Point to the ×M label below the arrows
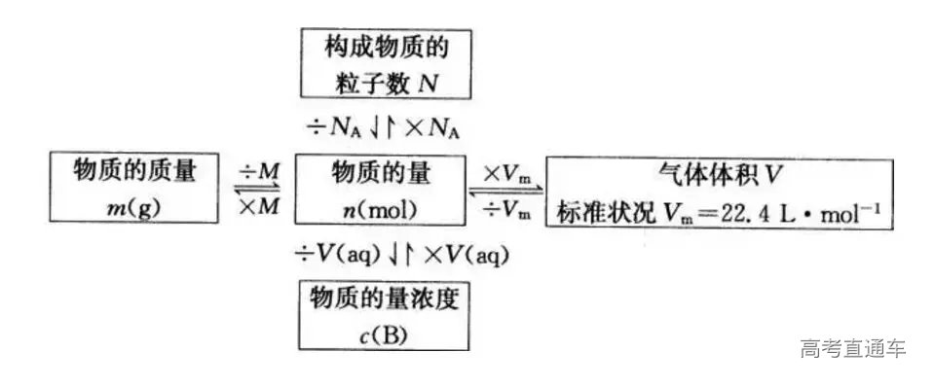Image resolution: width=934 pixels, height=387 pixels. pyautogui.click(x=259, y=208)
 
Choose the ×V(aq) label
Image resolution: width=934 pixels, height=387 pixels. pyautogui.click(x=455, y=256)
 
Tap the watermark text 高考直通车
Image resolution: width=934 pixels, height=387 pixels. pyautogui.click(x=852, y=348)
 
